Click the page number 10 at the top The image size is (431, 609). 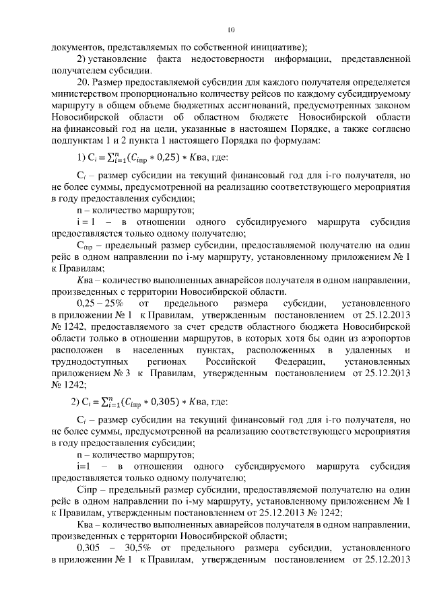pyautogui.click(x=230, y=30)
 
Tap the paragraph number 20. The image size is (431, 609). pyautogui.click(x=84, y=83)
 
